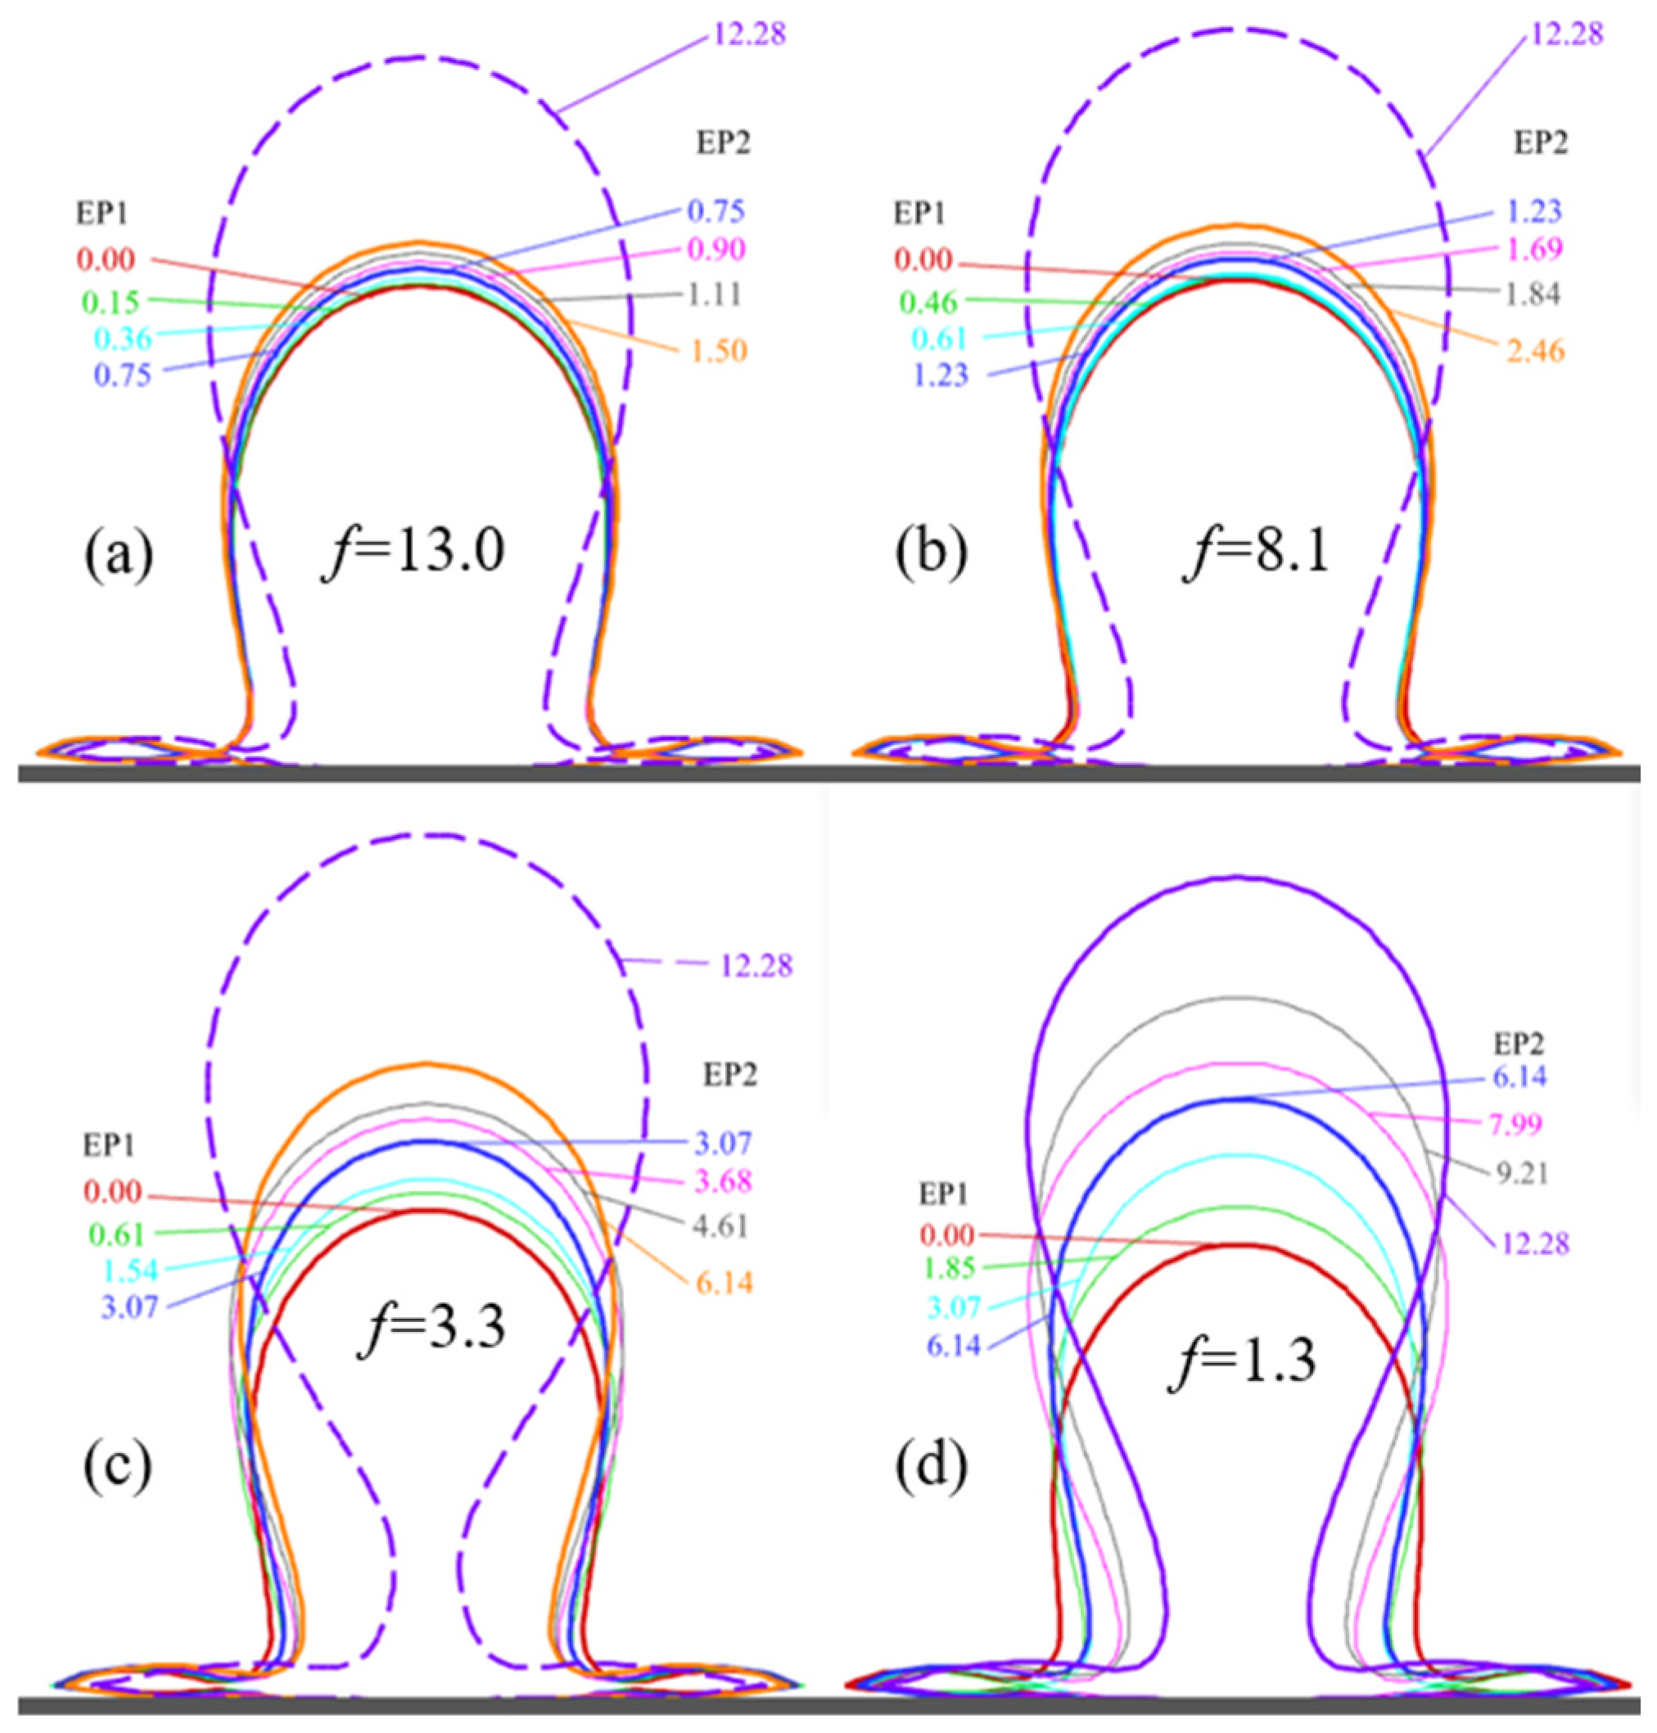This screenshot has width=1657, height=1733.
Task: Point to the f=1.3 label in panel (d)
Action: click(1242, 1362)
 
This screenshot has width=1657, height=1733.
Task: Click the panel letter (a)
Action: click(119, 555)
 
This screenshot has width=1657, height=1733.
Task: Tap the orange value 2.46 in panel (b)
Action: click(1534, 351)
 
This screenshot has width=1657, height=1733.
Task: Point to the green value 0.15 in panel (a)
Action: click(111, 303)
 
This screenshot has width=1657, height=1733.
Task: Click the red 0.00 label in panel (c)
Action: click(114, 1193)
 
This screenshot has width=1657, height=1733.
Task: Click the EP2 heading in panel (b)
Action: click(1542, 143)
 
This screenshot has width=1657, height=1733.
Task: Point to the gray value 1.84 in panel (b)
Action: click(1533, 294)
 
